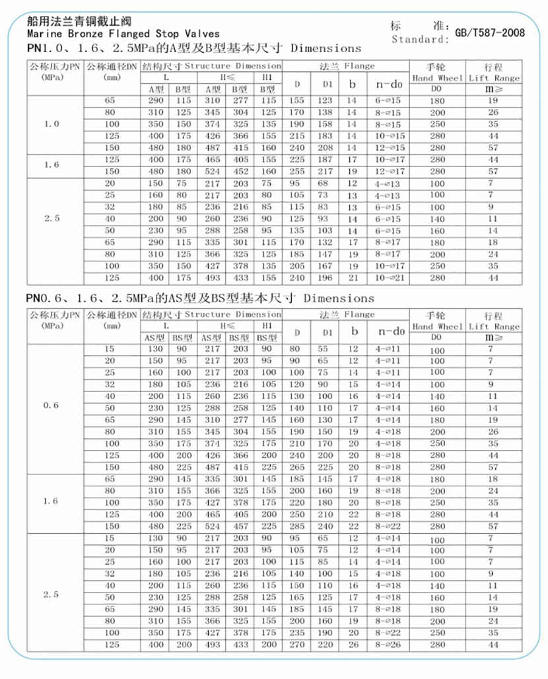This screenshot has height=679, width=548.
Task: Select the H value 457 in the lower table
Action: tap(241, 526)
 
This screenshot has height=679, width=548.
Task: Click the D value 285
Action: tap(297, 526)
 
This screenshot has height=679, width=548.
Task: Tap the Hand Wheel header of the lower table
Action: tap(438, 326)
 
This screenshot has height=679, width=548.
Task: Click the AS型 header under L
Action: tap(154, 337)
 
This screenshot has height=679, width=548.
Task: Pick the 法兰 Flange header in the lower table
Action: tap(347, 314)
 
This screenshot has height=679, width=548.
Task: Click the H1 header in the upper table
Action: tap(267, 77)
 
